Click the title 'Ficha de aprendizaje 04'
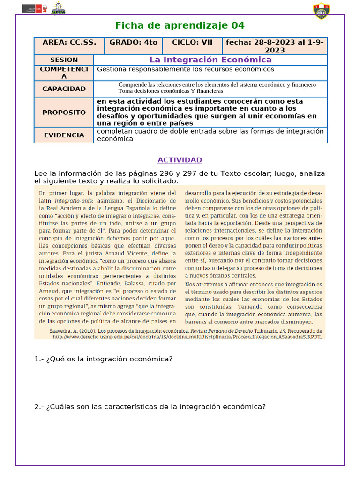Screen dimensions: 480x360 coord(180,25)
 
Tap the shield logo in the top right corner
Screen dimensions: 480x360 coord(321,11)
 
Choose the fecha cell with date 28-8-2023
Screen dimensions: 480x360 coord(275,46)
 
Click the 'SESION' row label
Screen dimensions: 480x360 coord(64,60)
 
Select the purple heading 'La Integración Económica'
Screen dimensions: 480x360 coord(210,60)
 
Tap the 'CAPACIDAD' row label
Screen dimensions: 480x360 coord(64,89)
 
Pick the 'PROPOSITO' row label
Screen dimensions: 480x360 coord(64,112)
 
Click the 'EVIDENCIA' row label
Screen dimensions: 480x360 coord(64,135)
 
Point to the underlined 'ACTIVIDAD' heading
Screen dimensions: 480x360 coord(180,160)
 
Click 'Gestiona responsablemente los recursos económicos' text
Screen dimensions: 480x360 coord(185,69)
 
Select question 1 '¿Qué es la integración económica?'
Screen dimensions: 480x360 coord(104,359)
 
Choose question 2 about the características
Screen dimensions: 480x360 coord(150,407)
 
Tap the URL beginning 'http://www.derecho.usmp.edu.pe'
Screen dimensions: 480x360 coord(187,336)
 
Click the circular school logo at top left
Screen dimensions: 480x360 coord(58,9)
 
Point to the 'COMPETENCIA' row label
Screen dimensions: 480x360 coord(64,73)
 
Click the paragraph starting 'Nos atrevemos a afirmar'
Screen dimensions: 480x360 coord(254,303)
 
